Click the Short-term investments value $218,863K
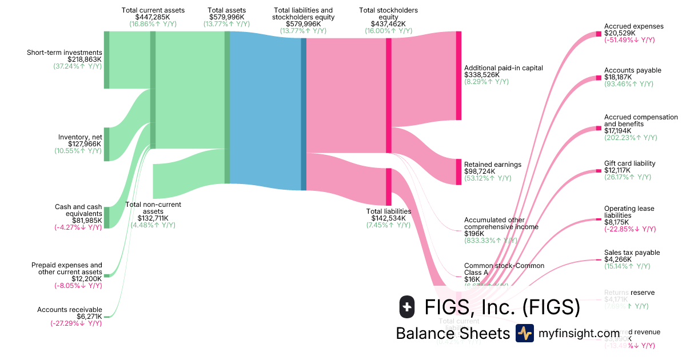[84, 59]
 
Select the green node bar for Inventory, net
[106, 145]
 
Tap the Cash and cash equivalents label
[78, 210]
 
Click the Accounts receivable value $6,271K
[89, 317]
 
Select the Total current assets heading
[153, 10]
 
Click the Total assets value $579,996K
[226, 17]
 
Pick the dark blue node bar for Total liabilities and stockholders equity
[304, 114]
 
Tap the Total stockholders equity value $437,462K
[388, 24]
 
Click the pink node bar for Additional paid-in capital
[458, 75]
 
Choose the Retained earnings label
[493, 165]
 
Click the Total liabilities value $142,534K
[388, 218]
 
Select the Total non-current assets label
[153, 208]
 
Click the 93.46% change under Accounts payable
[628, 84]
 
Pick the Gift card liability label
[629, 163]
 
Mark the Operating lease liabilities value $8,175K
[617, 222]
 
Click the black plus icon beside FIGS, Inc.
[406, 307]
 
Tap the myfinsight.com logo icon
[524, 333]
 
